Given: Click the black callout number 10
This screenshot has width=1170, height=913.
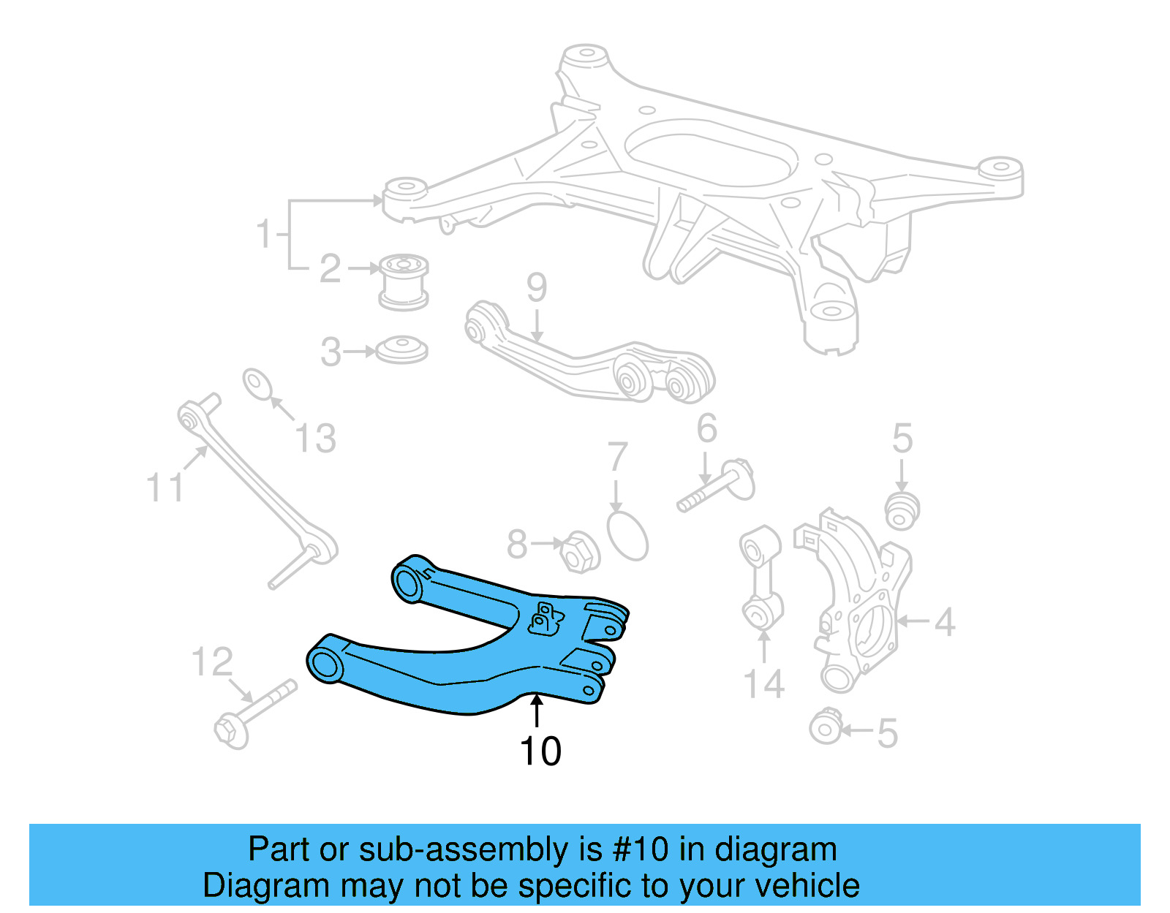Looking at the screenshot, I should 540,751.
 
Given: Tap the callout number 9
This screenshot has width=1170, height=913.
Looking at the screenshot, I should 537,288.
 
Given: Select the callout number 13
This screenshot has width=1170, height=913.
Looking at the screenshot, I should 315,439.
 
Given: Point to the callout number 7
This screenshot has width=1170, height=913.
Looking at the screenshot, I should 618,458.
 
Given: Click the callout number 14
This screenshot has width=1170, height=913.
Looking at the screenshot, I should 763,685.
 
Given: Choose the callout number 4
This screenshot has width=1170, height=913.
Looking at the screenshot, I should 944,623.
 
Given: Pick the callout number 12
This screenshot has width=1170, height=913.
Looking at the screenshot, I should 212,662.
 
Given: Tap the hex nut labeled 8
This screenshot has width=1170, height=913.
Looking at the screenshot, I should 579,552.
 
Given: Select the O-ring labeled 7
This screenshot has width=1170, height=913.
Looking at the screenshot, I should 627,535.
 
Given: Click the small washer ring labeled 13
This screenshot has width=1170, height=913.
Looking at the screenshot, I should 257,384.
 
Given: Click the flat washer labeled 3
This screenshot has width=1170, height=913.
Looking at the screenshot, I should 401,349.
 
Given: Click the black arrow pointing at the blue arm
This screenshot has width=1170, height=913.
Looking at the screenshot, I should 537,711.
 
